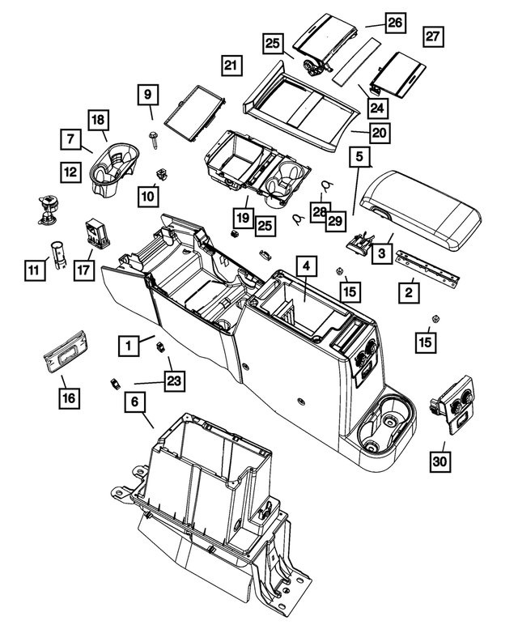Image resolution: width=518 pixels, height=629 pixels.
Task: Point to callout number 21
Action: (x=231, y=65)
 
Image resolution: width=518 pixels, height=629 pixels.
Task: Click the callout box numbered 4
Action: (x=306, y=267)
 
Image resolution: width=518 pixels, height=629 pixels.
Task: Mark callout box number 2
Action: (x=410, y=290)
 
